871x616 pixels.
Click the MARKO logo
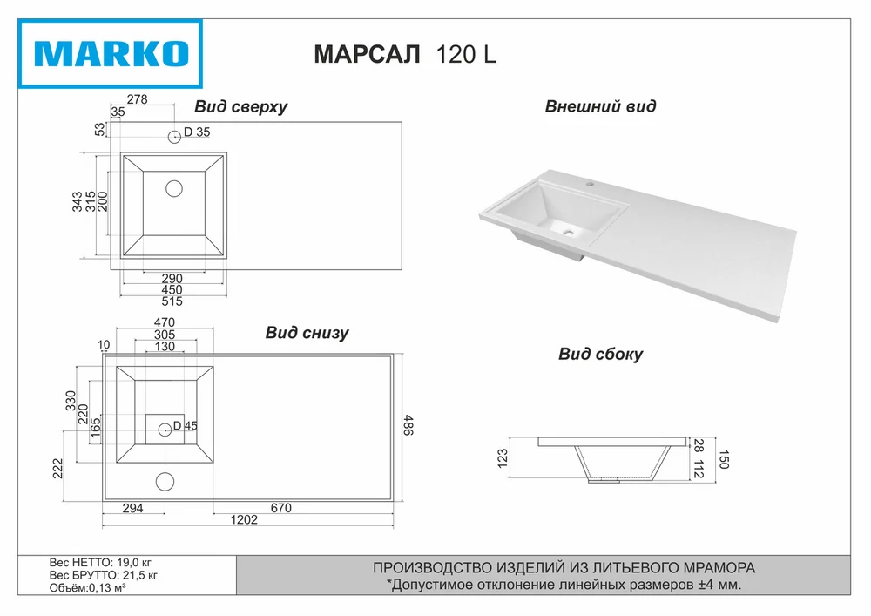coord(111,54)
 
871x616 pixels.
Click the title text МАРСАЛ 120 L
coord(405,54)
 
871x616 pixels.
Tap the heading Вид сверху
coord(240,106)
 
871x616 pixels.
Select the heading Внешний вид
coord(600,106)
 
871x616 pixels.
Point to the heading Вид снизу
coord(307,333)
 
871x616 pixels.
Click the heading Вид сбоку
coord(600,355)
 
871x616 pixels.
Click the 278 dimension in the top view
coord(138,98)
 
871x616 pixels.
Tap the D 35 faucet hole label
coord(197,132)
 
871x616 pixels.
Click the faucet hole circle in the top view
coord(174,136)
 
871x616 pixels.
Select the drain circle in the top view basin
coord(174,189)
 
